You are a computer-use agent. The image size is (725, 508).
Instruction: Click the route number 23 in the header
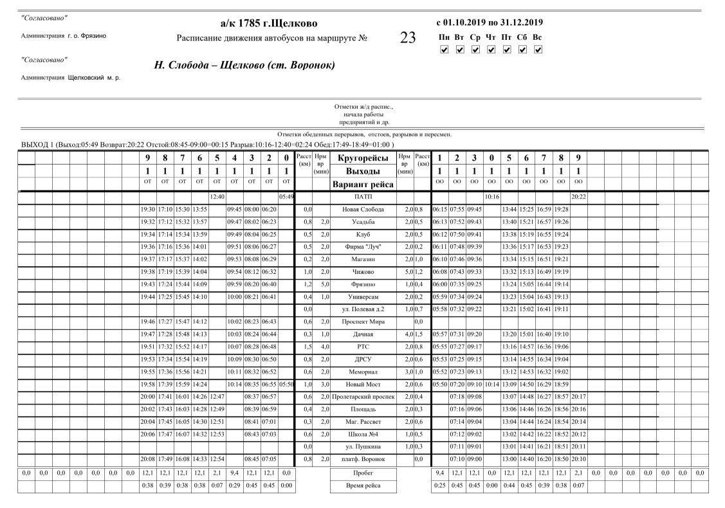point(408,38)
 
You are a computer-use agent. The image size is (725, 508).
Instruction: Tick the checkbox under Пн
point(444,50)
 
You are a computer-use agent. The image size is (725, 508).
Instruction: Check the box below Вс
point(538,50)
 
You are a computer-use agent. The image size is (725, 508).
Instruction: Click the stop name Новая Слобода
point(363,210)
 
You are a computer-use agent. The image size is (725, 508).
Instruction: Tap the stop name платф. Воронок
point(363,460)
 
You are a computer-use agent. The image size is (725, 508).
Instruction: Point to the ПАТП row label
point(363,197)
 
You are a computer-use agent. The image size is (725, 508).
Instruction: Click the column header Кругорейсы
point(363,158)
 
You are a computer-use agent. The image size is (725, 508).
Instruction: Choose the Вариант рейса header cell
point(363,185)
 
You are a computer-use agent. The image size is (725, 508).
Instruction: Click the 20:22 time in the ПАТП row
point(578,197)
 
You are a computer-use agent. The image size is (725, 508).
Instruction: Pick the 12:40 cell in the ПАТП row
point(217,197)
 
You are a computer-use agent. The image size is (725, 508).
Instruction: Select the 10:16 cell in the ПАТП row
point(491,197)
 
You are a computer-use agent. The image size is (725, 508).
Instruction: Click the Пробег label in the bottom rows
point(363,473)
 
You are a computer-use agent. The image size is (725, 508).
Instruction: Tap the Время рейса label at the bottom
point(363,485)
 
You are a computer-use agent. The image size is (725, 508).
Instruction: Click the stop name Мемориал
point(363,372)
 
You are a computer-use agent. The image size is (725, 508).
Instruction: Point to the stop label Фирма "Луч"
point(363,248)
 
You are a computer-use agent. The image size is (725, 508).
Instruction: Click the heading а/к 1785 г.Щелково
point(269,24)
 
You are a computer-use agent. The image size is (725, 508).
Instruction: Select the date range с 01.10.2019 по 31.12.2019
point(489,23)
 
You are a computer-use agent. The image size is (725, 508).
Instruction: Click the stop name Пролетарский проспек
point(363,397)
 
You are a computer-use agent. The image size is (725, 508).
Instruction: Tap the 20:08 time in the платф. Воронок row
point(148,460)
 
